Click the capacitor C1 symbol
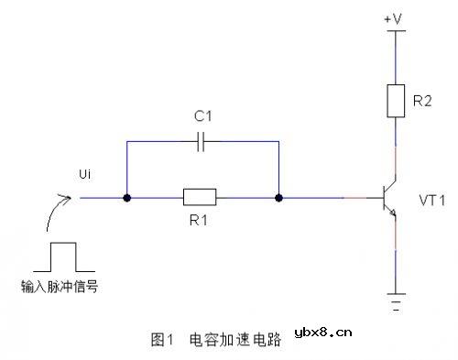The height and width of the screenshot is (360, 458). pos(202,142)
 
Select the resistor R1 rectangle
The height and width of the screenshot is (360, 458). pos(200,196)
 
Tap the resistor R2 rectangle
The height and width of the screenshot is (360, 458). pos(395,100)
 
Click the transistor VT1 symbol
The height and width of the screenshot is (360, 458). pos(388,197)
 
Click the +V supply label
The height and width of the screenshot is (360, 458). pos(395,17)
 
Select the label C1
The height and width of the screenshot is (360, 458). pos(202,116)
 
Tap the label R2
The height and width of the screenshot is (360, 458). pos(422,101)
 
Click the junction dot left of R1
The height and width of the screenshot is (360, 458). pos(126,197)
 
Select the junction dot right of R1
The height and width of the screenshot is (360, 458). pos(278,197)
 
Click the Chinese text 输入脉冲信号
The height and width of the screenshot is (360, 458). pos(60,286)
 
